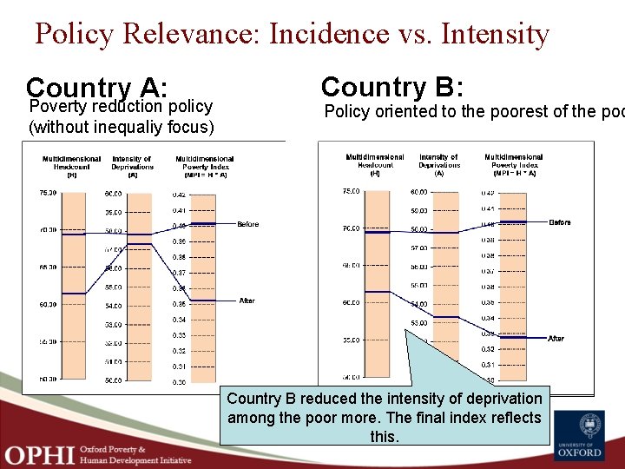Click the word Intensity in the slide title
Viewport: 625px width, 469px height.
(495, 35)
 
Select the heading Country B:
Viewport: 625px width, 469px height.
(392, 87)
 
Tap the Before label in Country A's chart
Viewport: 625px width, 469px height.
(248, 224)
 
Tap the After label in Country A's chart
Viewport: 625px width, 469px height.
(247, 301)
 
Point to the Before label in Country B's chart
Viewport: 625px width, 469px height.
(560, 222)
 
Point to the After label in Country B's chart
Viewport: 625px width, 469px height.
(556, 339)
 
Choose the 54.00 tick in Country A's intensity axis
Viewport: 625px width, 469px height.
(114, 306)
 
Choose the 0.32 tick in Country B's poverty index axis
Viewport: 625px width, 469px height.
(488, 349)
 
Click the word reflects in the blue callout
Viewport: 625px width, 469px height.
(513, 418)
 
